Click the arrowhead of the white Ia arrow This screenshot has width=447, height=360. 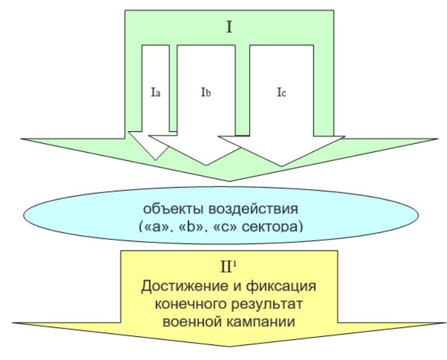pos(149,146)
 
